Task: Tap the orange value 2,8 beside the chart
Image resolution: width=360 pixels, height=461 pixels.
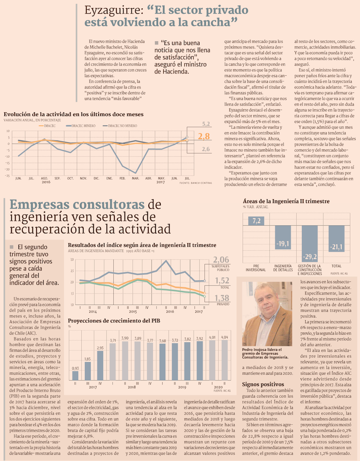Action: tap(203, 136)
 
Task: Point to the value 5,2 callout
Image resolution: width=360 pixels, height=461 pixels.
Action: tap(206, 124)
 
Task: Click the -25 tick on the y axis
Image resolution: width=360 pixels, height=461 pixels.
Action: tap(7, 176)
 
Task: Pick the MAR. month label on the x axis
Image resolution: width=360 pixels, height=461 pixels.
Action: tap(135, 178)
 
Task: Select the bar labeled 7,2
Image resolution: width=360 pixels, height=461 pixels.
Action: tap(256, 221)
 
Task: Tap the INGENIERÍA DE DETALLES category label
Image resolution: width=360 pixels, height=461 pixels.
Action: tap(283, 268)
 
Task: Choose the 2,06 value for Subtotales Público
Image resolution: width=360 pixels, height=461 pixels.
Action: tap(221, 260)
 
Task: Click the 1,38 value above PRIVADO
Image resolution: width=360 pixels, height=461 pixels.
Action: tap(222, 298)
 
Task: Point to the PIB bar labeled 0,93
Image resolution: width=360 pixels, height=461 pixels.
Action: tap(75, 375)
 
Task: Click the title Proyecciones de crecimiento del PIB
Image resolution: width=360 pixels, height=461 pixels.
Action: tap(114, 321)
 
